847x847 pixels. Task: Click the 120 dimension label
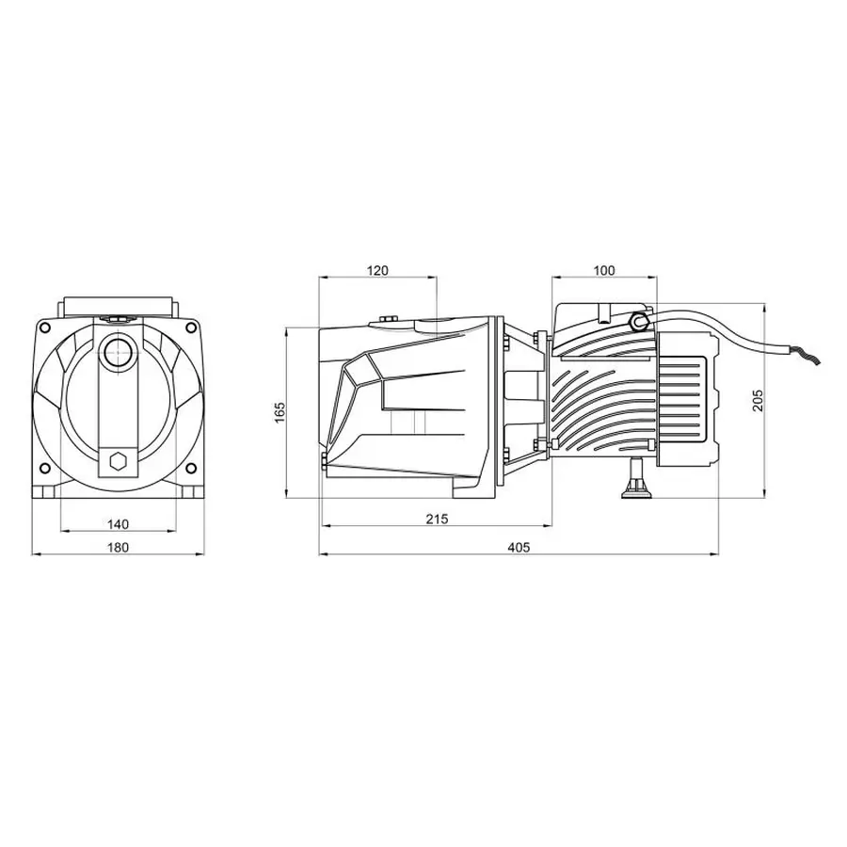(377, 270)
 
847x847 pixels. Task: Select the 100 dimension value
(603, 270)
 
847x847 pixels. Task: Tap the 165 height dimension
(280, 413)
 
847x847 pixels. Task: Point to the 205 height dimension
(758, 400)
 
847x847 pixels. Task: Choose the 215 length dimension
(437, 519)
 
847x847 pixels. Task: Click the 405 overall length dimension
(519, 547)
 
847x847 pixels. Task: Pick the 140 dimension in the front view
(118, 524)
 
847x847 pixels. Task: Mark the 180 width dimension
(118, 547)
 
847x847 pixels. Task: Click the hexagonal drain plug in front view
(118, 461)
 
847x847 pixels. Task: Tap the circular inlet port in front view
(118, 352)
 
